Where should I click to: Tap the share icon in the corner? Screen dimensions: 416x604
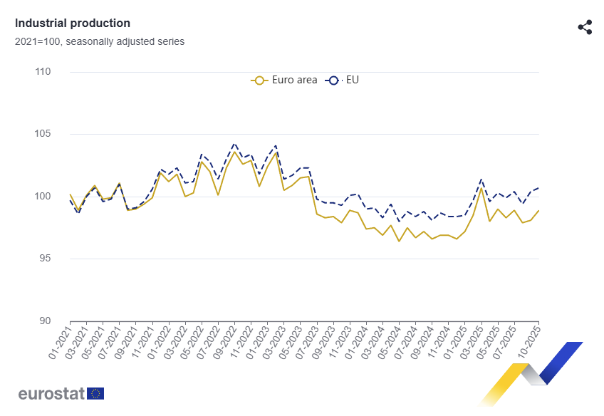[585, 28]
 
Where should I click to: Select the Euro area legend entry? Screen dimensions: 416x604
[285, 80]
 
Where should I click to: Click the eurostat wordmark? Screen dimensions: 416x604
[51, 393]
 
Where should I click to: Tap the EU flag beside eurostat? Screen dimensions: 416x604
[95, 393]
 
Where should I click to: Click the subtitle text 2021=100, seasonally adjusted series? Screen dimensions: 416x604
[100, 41]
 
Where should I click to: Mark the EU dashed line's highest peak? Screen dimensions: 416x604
[234, 143]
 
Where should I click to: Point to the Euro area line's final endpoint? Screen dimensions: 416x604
[538, 210]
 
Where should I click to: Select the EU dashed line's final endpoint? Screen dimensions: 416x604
[538, 187]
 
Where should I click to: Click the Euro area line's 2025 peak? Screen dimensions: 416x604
[481, 188]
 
